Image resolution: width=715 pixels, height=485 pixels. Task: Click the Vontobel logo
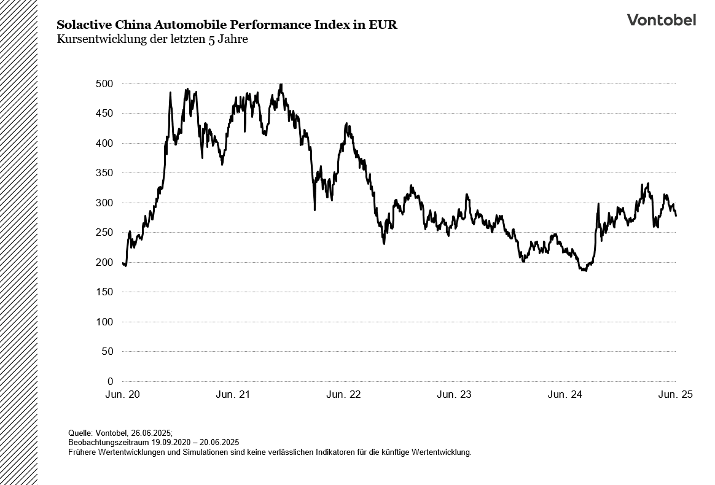(x=661, y=20)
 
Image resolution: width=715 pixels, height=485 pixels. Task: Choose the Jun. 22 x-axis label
(x=344, y=395)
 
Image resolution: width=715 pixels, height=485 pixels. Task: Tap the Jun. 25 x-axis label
(x=675, y=395)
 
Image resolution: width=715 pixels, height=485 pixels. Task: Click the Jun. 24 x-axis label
(x=565, y=395)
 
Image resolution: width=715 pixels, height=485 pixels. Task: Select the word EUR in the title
(x=384, y=25)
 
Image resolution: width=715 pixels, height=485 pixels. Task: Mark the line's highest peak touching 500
(x=281, y=84)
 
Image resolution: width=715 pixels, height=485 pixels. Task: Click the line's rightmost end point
(x=676, y=215)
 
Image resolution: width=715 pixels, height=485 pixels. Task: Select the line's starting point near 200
(x=123, y=263)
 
